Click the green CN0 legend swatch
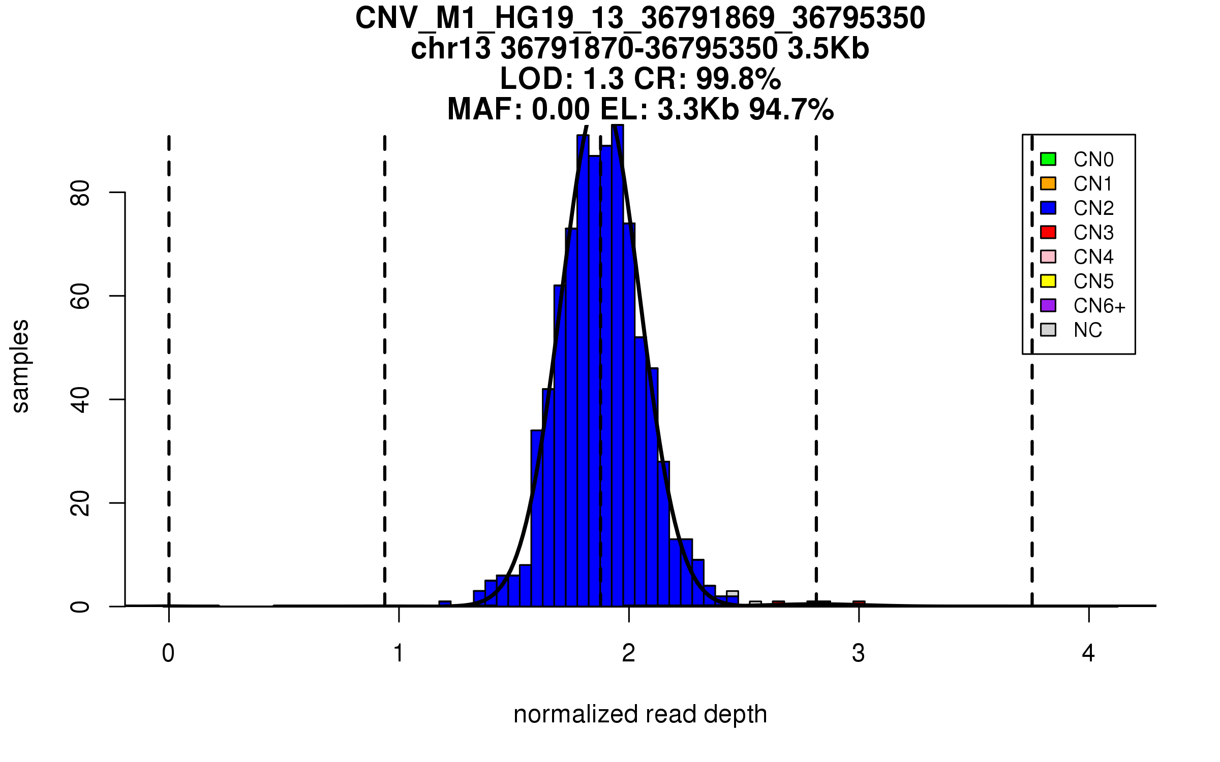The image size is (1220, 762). click(1048, 159)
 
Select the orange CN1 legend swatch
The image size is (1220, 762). click(1048, 183)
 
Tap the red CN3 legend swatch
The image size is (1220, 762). click(1048, 232)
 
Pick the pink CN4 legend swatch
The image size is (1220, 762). click(1048, 257)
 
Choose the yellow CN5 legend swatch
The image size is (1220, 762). click(1048, 281)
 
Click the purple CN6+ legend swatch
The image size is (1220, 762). click(1048, 305)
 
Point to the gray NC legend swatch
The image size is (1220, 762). click(1048, 330)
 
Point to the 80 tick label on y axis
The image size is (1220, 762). click(80, 193)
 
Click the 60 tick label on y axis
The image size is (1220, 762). click(80, 296)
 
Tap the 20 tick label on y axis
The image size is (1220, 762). click(80, 503)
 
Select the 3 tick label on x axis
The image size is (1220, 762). click(859, 653)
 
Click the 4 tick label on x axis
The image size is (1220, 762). click(1088, 653)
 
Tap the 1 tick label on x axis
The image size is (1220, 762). click(399, 653)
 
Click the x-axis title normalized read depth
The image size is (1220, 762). click(640, 714)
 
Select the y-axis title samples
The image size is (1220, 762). click(20, 366)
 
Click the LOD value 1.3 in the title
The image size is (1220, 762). click(603, 79)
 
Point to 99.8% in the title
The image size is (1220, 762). click(738, 79)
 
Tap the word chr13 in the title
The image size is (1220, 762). click(451, 49)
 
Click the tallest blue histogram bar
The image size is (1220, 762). click(617, 366)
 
